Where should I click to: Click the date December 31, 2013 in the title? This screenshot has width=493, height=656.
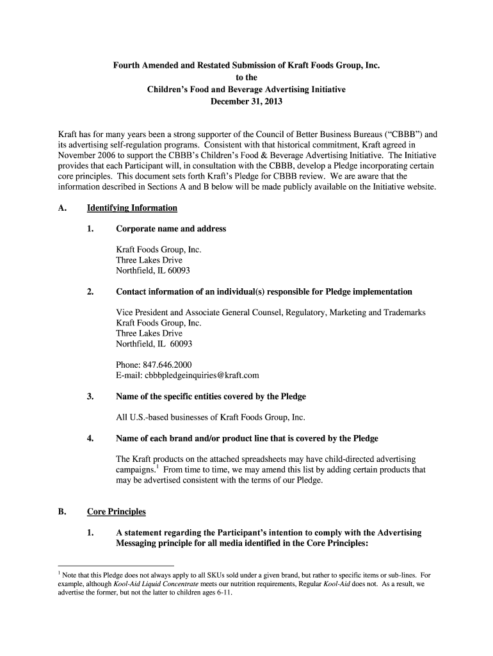tap(247, 102)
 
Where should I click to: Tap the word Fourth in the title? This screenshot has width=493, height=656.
tap(128, 65)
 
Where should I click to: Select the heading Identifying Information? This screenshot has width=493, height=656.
tap(132, 208)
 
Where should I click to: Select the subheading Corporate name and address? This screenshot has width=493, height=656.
tap(170, 229)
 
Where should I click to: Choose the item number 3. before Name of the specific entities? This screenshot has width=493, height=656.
tap(91, 397)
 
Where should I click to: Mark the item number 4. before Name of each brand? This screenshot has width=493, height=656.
tap(91, 438)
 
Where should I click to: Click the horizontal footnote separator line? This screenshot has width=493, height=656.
tap(116, 566)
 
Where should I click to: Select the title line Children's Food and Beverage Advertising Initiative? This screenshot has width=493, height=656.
tap(247, 90)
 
